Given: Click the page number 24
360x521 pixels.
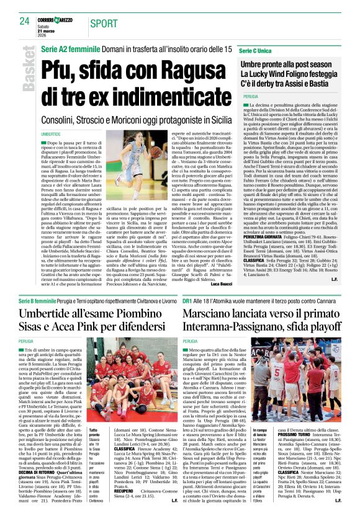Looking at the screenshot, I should click(24, 21).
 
